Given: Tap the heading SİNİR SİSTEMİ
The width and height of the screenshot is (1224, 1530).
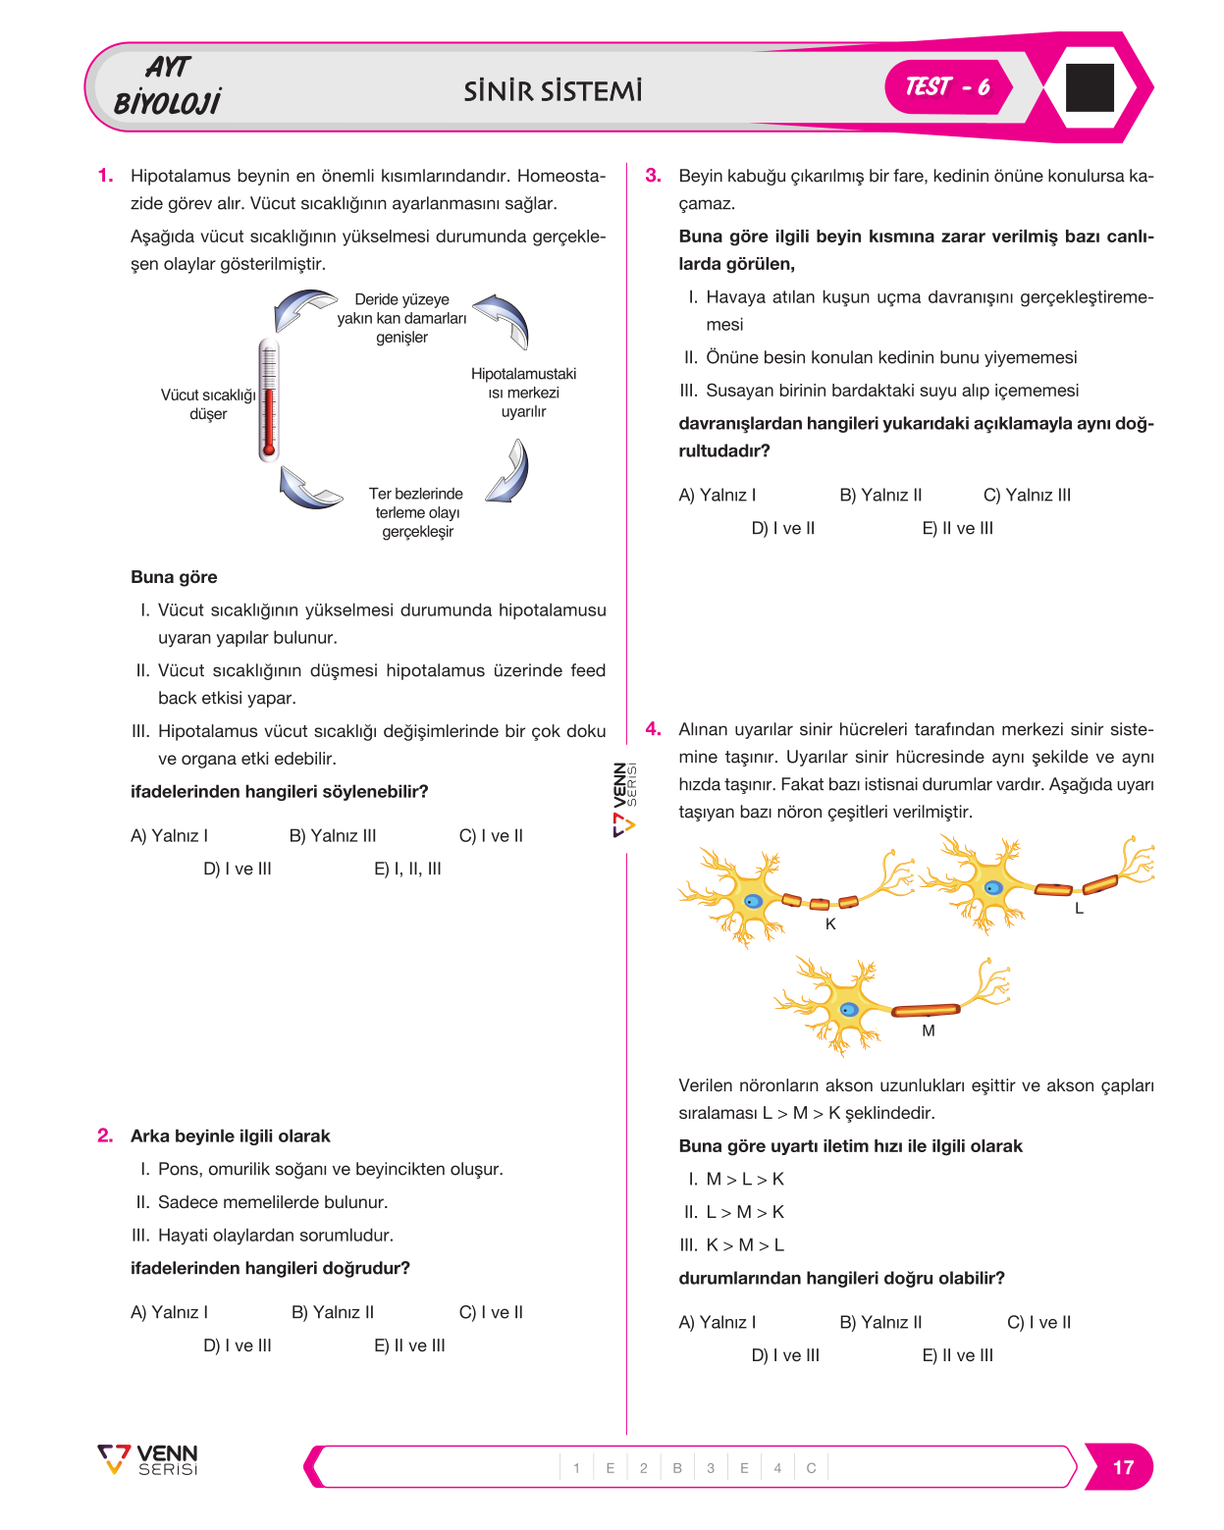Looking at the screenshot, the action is click(553, 91).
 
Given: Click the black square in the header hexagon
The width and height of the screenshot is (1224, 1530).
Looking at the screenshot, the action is click(1089, 87).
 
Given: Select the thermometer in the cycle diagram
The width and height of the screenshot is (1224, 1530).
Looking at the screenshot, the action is click(269, 399).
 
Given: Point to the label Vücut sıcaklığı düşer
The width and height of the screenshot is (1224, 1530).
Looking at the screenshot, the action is click(208, 403).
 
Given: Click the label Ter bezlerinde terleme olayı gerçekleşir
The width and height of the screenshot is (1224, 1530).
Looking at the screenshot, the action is click(416, 512).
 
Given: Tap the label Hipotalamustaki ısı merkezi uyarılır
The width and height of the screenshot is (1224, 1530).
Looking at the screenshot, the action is click(523, 393).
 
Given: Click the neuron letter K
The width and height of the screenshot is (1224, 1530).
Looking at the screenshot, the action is click(830, 923).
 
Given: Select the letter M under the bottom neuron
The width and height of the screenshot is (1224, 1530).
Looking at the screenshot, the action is click(929, 1030).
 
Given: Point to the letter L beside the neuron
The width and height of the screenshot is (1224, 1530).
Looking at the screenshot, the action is click(1079, 908).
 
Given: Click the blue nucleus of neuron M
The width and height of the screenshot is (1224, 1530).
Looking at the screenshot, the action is click(848, 1010).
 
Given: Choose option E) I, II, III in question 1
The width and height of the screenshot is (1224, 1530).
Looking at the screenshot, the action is click(407, 869).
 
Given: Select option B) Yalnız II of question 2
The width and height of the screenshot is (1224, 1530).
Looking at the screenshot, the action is click(332, 1312).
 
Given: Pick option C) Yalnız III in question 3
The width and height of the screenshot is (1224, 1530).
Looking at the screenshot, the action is click(1027, 495).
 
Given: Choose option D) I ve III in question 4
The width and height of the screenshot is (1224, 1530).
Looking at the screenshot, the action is click(785, 1355).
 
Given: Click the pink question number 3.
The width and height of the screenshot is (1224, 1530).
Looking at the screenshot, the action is click(653, 175).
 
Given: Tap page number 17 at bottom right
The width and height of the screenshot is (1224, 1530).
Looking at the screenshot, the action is click(1122, 1467).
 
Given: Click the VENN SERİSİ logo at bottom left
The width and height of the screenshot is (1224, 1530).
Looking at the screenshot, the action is click(148, 1460).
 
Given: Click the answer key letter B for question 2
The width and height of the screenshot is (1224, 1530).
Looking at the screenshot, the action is click(677, 1468).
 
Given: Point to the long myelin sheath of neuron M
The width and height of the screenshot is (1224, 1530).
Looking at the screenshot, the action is click(926, 1009).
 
